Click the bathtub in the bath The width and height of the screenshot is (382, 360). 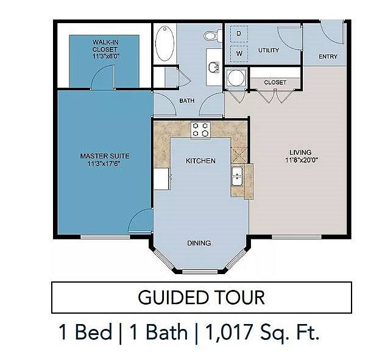(164, 43)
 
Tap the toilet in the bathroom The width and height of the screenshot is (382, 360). (213, 36)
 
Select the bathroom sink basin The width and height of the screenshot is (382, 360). (214, 67)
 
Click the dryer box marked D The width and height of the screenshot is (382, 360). (239, 34)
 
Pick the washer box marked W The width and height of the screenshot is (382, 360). (239, 54)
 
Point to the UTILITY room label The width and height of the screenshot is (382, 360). (269, 50)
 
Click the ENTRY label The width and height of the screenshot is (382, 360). (328, 57)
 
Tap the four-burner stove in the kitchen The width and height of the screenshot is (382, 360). (200, 130)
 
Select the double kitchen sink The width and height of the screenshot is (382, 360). (237, 177)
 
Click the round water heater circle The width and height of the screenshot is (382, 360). (236, 78)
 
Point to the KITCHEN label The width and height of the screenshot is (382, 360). (200, 161)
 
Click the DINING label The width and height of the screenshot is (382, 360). (199, 243)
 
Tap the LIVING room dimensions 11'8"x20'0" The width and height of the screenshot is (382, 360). (302, 160)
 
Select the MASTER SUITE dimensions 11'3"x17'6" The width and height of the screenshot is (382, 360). (104, 163)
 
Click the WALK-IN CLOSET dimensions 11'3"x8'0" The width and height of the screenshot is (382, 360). (106, 56)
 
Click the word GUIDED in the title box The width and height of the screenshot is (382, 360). (173, 297)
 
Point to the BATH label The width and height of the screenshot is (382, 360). (187, 101)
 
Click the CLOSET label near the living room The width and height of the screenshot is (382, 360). (275, 82)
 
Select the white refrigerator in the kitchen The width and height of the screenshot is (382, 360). (162, 179)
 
